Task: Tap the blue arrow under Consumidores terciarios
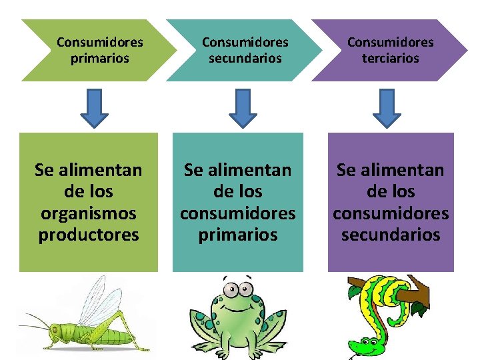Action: tap(387, 108)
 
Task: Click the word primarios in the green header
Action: tap(100, 59)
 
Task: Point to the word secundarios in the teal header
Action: tap(245, 59)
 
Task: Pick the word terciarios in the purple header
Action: tap(390, 59)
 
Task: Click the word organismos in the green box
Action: tap(89, 213)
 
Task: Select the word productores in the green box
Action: tap(89, 235)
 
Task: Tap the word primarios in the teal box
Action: tap(238, 235)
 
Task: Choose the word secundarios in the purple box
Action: tap(391, 235)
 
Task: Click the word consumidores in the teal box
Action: tap(238, 213)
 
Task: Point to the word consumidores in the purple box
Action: tap(391, 213)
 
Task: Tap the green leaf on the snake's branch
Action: tap(419, 308)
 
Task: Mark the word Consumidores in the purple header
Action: tap(390, 43)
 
